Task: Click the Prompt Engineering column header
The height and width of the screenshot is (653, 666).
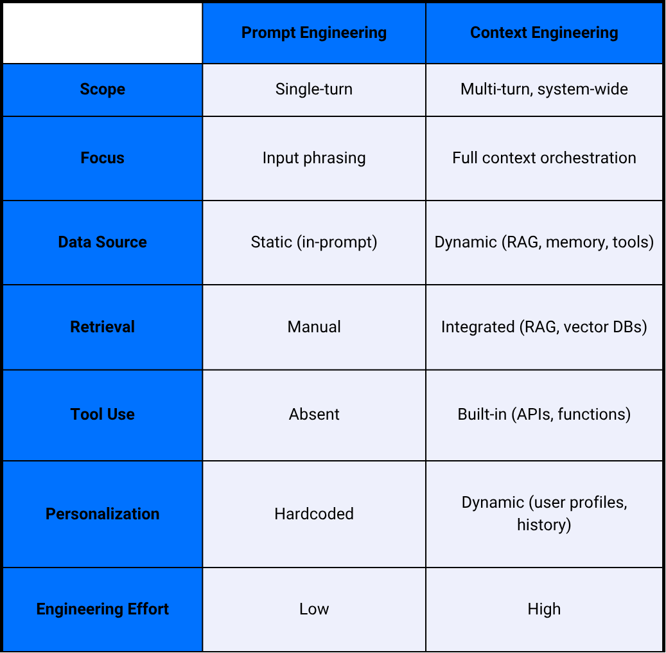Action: click(314, 33)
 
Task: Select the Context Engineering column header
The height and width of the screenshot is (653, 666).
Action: click(544, 33)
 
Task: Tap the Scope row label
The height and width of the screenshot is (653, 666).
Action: click(103, 89)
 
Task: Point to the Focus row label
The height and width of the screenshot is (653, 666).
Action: click(103, 158)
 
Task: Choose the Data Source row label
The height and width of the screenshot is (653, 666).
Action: click(103, 242)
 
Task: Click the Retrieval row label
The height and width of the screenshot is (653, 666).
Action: click(103, 327)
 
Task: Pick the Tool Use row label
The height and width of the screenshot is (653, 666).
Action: click(103, 415)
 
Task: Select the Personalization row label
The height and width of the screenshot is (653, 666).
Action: click(103, 514)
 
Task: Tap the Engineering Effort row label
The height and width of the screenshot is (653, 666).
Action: click(103, 609)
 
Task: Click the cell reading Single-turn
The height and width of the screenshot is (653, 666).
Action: click(314, 89)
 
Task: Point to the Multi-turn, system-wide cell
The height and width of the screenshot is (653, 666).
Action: click(544, 89)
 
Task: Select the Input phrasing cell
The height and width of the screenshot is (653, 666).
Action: click(314, 158)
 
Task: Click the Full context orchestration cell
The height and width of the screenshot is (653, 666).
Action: click(544, 158)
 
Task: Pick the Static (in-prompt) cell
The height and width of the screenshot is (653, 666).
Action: click(314, 242)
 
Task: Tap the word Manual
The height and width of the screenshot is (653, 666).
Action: click(314, 327)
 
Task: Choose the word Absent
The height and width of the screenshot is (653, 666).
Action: click(314, 415)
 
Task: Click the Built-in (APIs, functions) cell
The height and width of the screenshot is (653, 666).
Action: click(544, 415)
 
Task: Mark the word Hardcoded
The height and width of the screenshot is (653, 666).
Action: click(314, 514)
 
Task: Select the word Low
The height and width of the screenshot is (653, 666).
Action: click(314, 609)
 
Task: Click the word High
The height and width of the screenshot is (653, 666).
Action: click(544, 609)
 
